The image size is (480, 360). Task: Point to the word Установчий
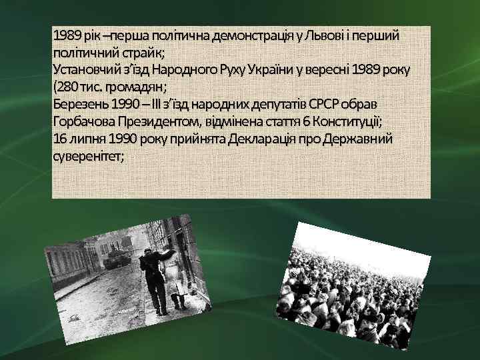(87, 70)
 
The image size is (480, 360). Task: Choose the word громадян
(136, 87)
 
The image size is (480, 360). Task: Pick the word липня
(83, 139)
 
